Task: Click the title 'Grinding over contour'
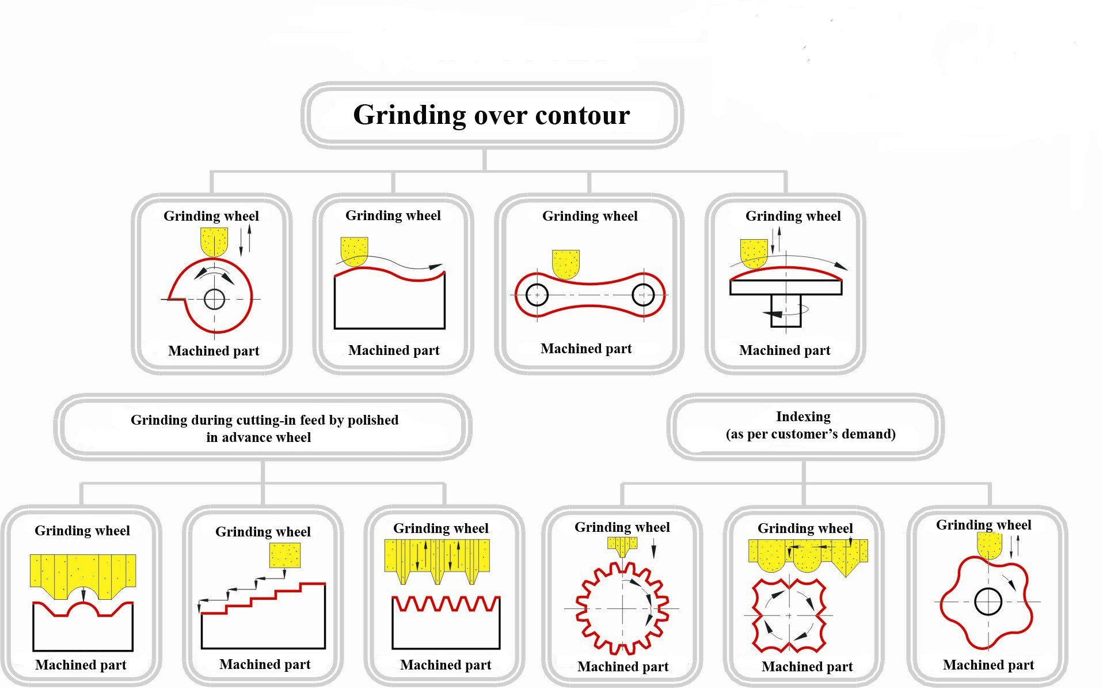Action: [x=491, y=115]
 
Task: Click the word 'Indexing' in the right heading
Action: [x=803, y=417]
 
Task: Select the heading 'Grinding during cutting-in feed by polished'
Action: [x=264, y=420]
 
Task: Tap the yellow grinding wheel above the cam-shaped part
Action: [x=214, y=241]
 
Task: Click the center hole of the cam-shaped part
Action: [x=214, y=299]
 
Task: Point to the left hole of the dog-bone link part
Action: [x=537, y=295]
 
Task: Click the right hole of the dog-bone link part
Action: [x=642, y=296]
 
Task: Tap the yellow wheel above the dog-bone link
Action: [x=565, y=263]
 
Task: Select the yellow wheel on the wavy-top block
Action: [x=354, y=251]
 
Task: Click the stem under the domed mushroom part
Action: [x=785, y=311]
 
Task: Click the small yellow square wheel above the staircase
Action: [x=284, y=555]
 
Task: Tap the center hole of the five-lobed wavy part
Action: [x=988, y=602]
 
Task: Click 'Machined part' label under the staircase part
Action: [x=265, y=664]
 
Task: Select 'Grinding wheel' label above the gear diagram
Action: [x=622, y=527]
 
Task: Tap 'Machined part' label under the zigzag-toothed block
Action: [x=446, y=665]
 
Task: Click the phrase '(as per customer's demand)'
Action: [x=811, y=434]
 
